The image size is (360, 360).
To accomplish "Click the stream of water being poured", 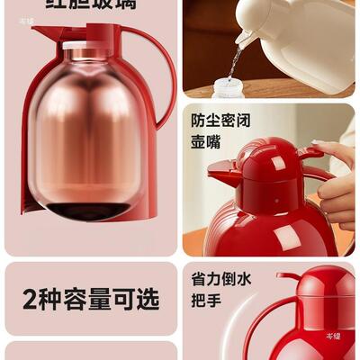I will (235, 59).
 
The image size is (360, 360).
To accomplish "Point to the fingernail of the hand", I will (319, 144).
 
